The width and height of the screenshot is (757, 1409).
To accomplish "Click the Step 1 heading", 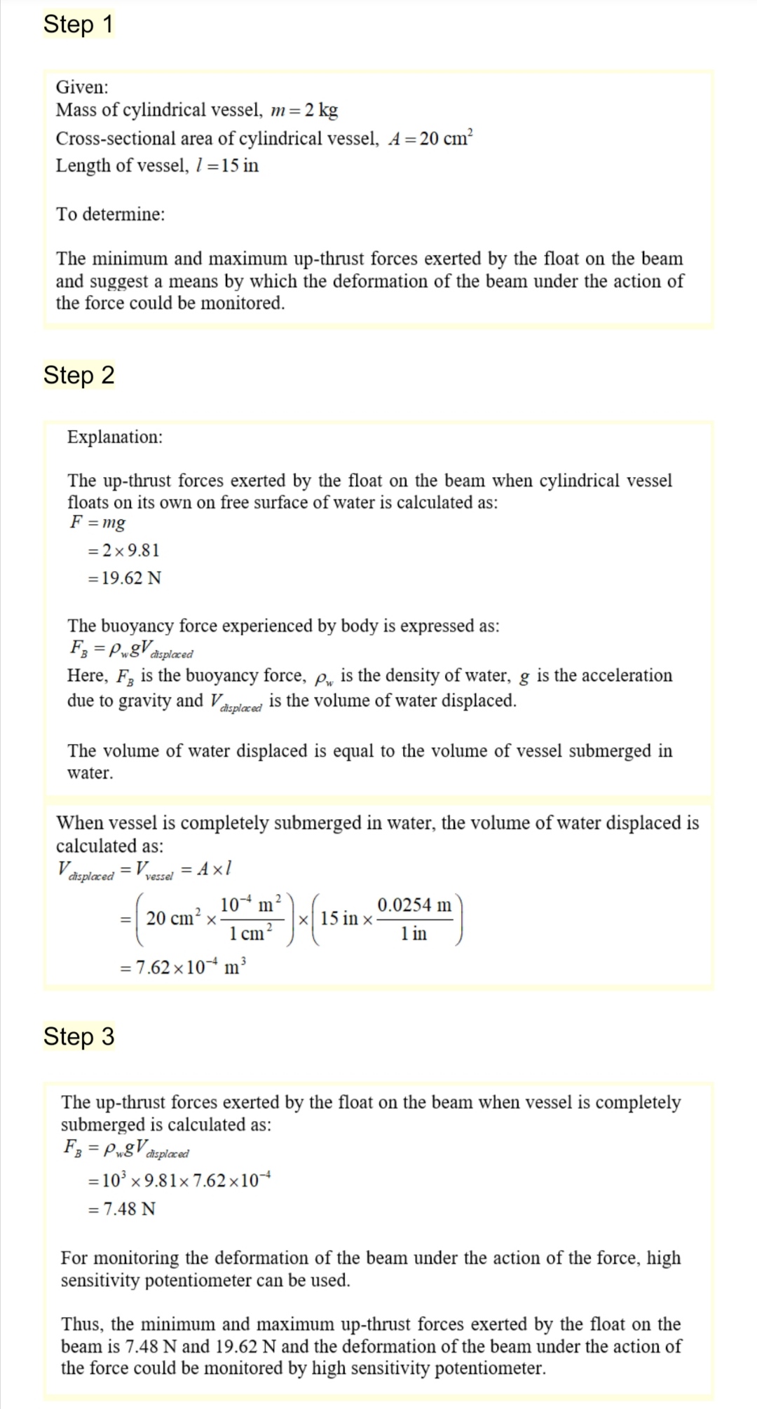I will pos(78,25).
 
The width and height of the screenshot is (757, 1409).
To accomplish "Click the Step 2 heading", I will pos(79,376).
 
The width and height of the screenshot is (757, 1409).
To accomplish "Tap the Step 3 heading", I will pos(79,1036).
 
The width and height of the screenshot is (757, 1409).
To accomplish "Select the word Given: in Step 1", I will pos(82,88).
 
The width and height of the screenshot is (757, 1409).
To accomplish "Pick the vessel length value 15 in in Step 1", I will pos(240,166).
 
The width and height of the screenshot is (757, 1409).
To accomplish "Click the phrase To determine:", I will pos(111,214).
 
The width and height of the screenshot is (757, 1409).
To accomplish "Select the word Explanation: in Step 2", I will pos(115,437).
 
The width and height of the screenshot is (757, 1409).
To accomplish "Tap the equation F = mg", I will pos(98,523).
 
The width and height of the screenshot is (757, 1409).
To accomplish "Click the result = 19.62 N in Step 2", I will pos(124,579).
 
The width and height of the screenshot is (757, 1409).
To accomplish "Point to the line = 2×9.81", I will pos(124,551).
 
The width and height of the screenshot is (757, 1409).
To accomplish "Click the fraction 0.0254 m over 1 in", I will pos(414,919).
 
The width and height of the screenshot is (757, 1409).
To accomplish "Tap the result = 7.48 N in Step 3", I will pos(122,1209).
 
